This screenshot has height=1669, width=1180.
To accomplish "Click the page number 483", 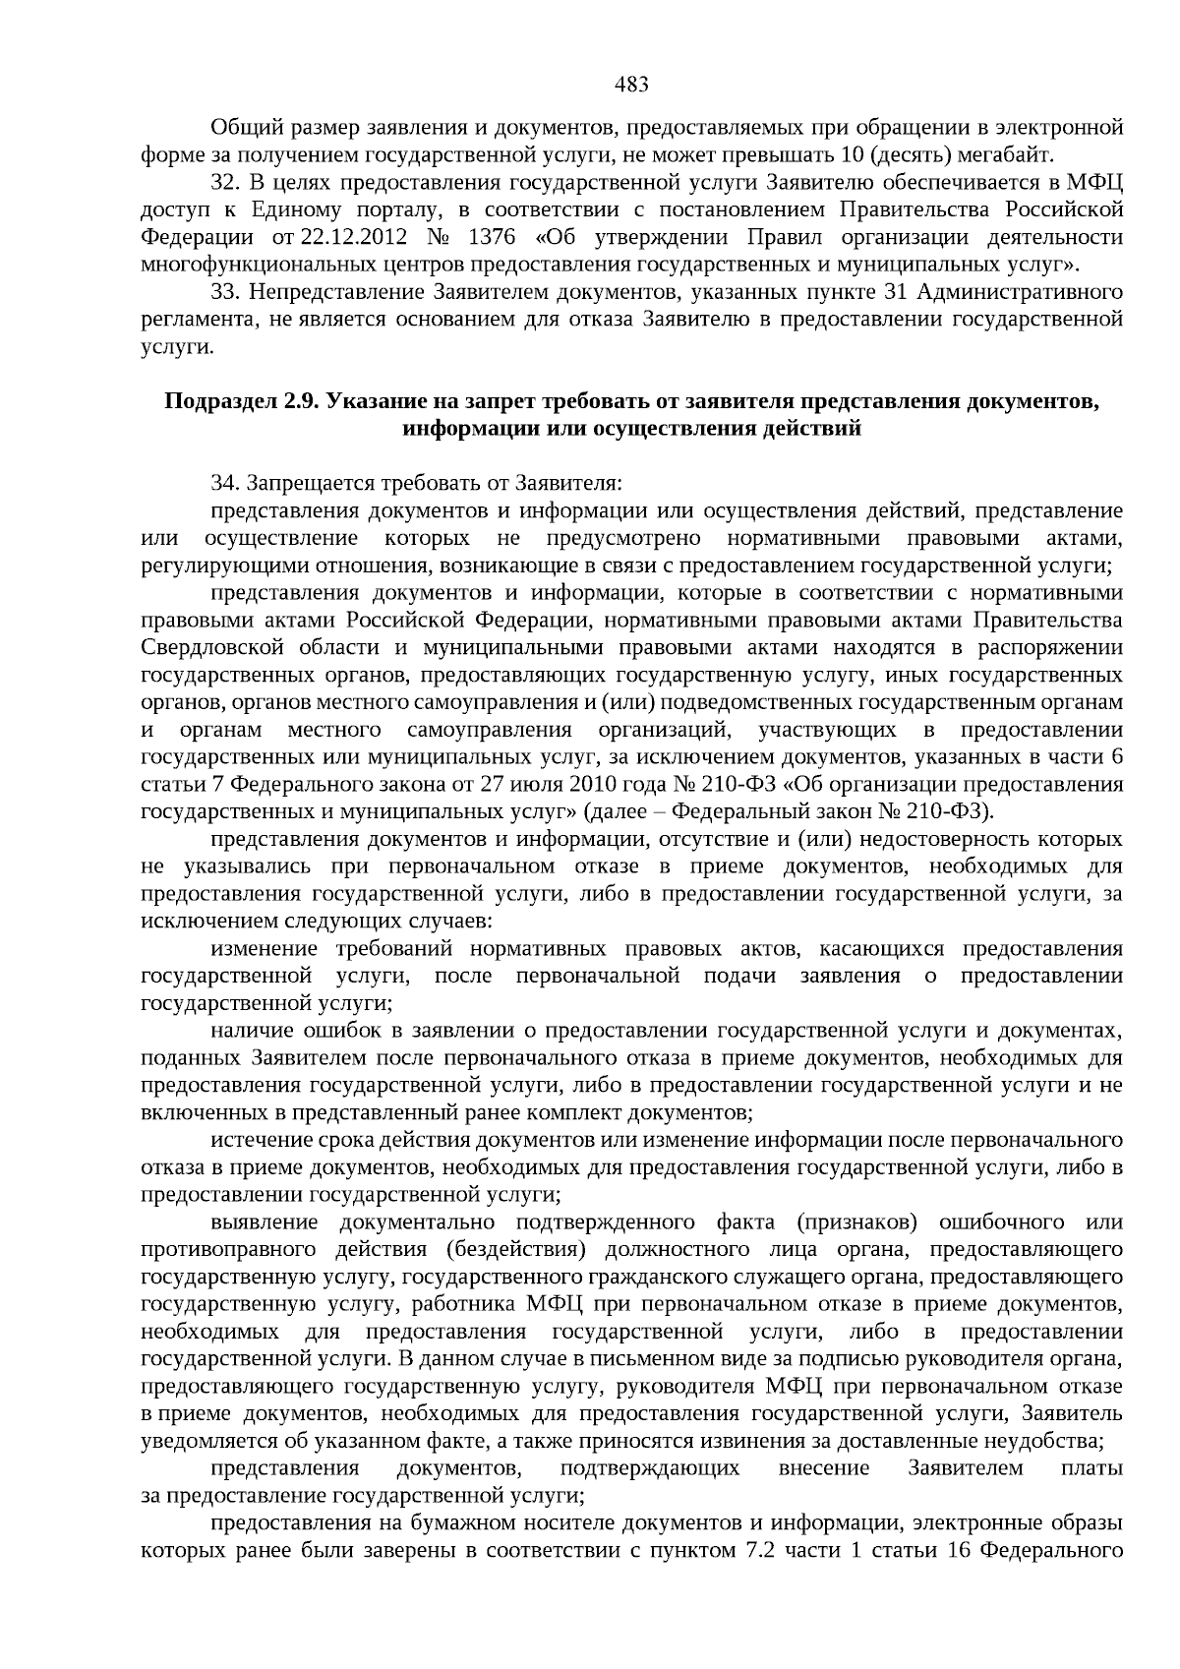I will [x=631, y=85].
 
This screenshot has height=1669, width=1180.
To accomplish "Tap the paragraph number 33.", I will [x=226, y=292].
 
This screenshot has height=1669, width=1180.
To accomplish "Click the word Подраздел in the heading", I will [x=220, y=401].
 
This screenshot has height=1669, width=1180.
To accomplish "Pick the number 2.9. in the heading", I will [x=303, y=401].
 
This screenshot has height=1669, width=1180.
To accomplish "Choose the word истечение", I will [x=258, y=1140].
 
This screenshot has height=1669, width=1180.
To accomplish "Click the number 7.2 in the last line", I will [x=756, y=1551].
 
